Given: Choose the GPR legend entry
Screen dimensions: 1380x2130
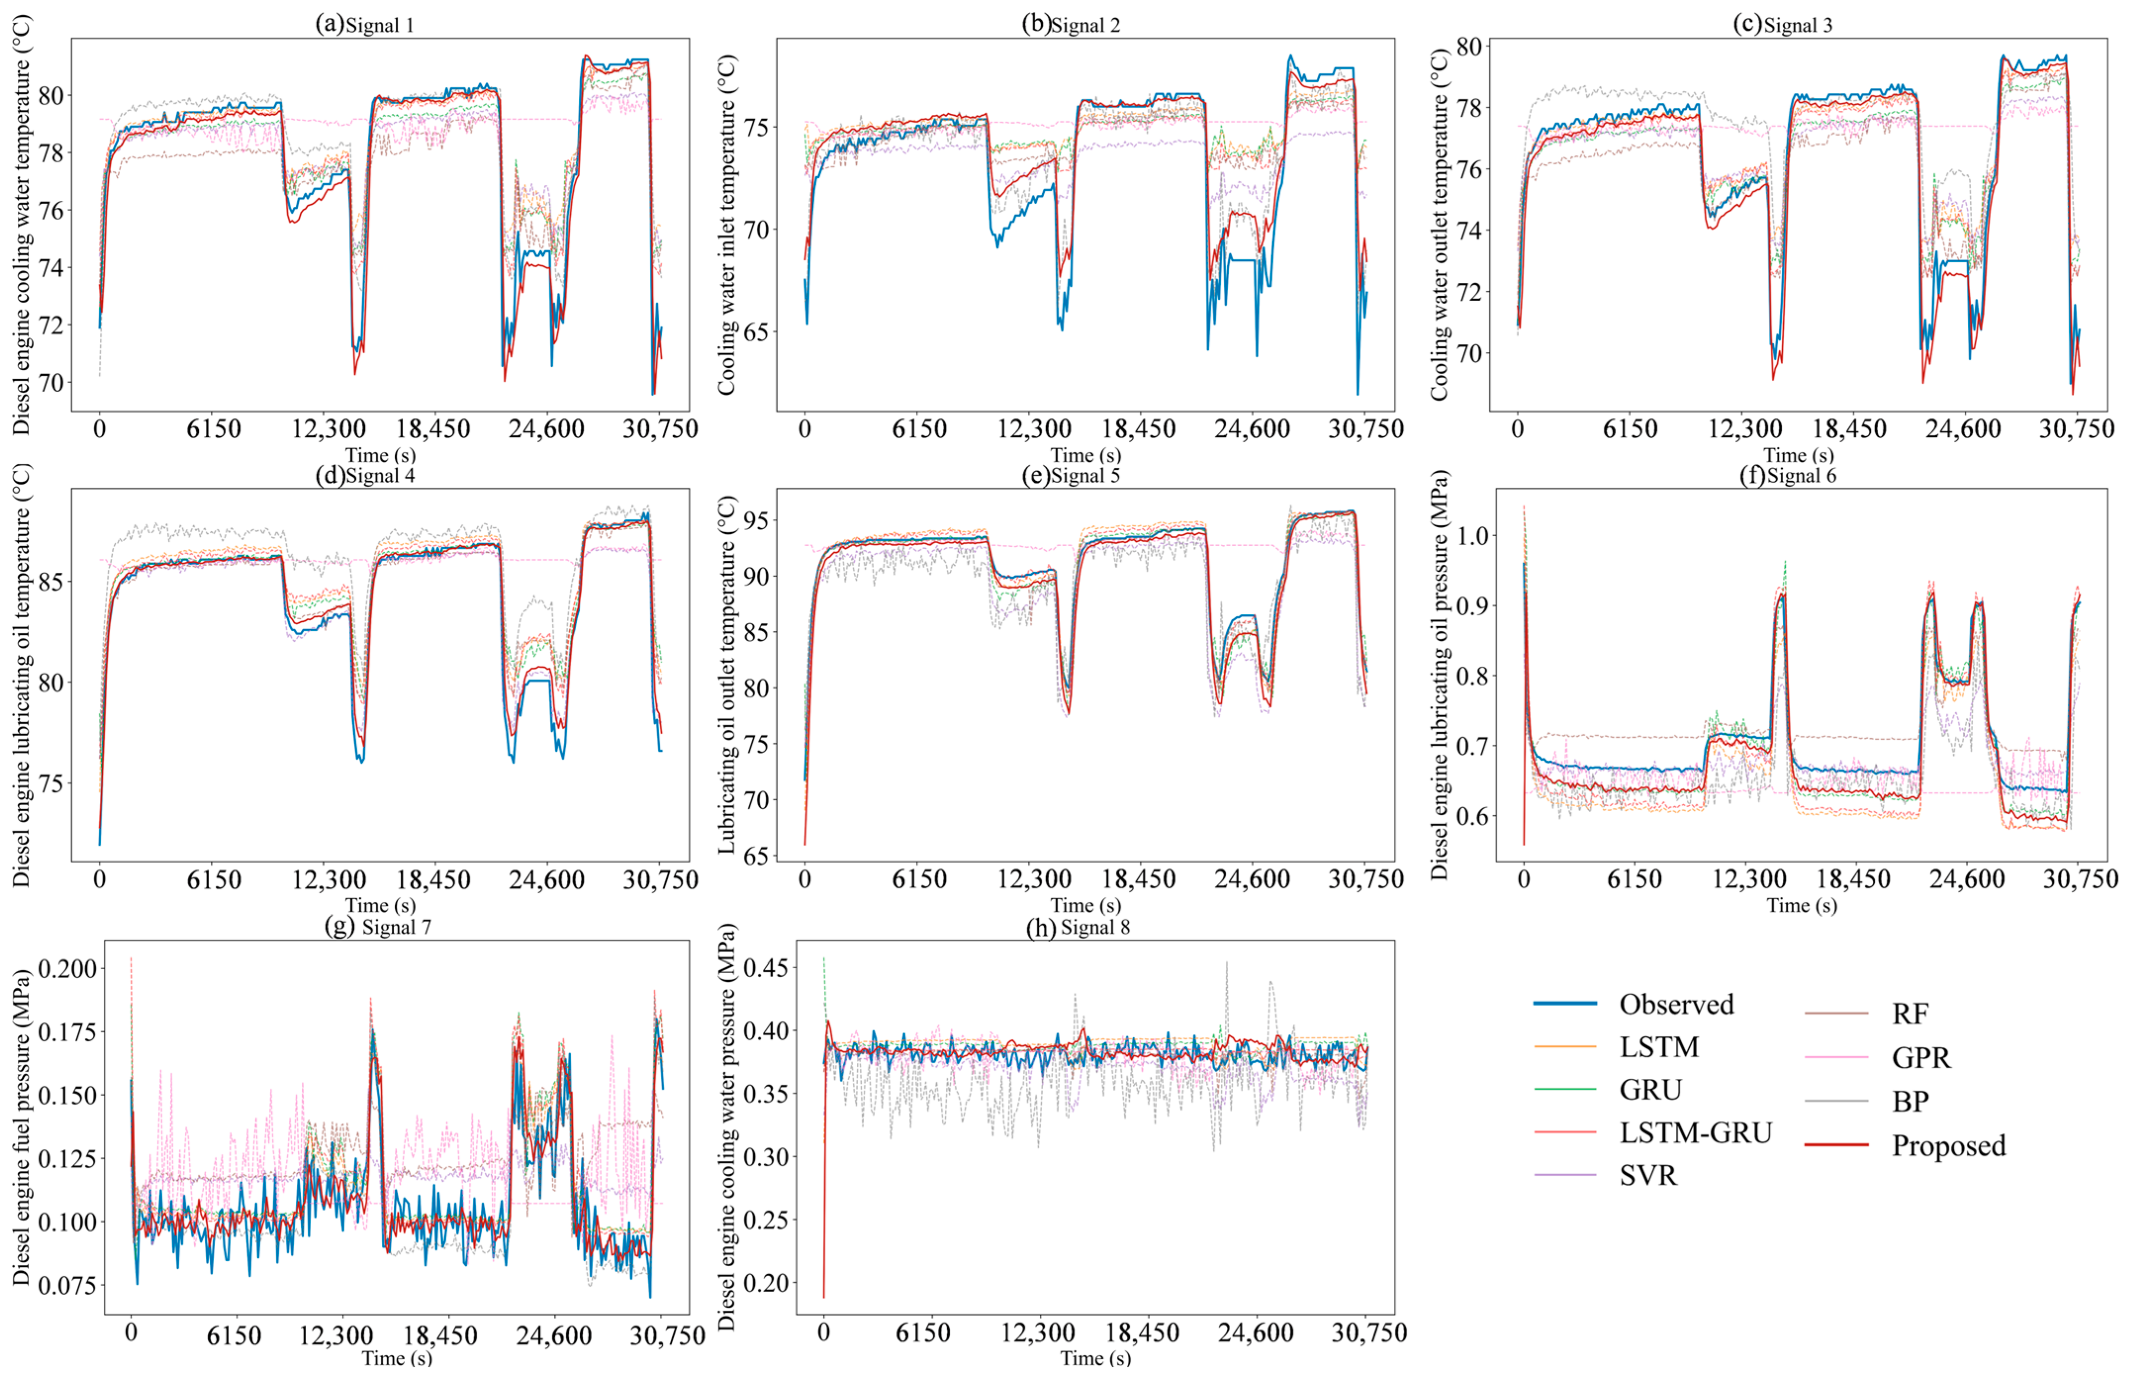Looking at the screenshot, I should coord(1921,1058).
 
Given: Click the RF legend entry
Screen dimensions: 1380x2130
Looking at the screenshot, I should coord(1910,1014).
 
